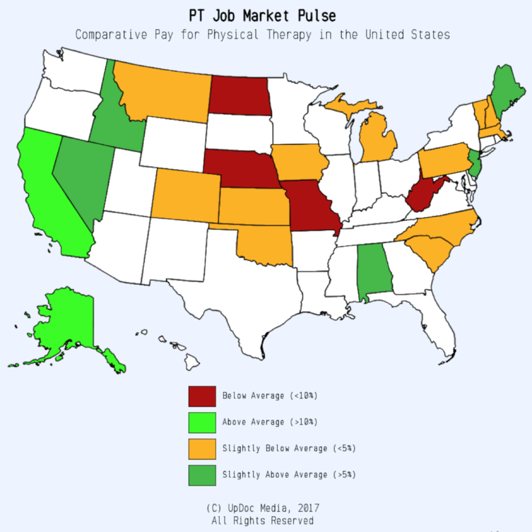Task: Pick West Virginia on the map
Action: (x=424, y=194)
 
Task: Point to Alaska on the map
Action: (x=65, y=321)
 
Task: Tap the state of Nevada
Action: (x=83, y=173)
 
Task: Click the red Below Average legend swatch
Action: (x=202, y=396)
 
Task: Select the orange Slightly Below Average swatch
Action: (x=202, y=448)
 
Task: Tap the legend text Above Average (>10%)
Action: (x=270, y=422)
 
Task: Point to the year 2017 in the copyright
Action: (x=305, y=508)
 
